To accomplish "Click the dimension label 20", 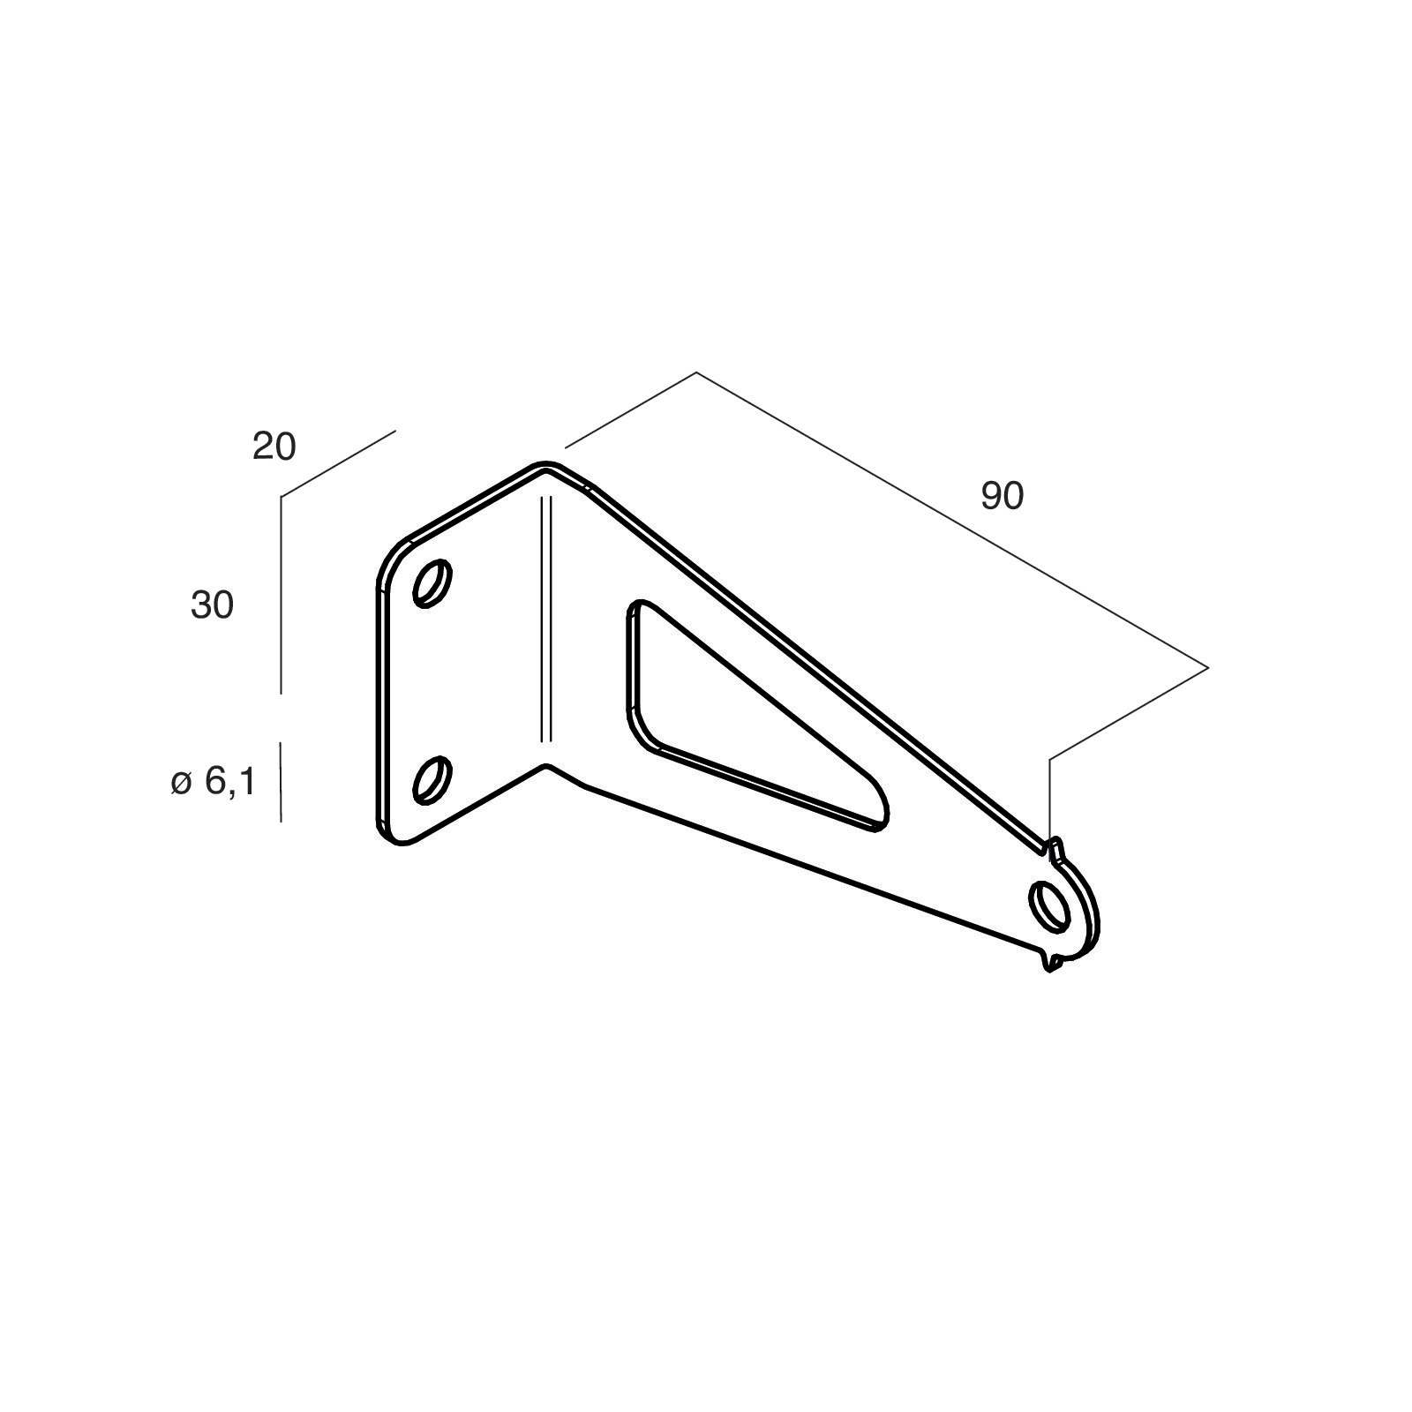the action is click(274, 447).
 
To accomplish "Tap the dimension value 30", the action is click(212, 605).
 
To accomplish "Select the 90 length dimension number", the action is click(1002, 497).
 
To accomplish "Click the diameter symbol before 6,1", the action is click(181, 782).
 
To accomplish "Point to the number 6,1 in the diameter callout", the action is click(230, 782).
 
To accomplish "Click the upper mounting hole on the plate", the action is click(432, 583).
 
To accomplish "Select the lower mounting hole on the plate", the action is click(432, 779).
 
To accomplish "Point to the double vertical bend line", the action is click(545, 618).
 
